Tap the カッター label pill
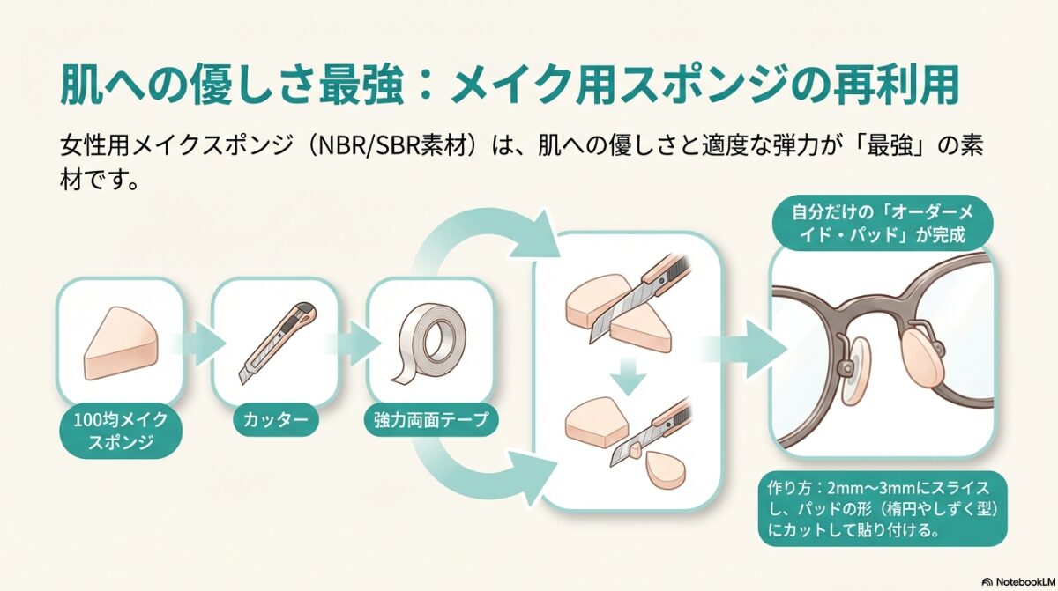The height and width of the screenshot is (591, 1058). [276, 420]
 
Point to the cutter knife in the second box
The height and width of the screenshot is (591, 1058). [276, 342]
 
